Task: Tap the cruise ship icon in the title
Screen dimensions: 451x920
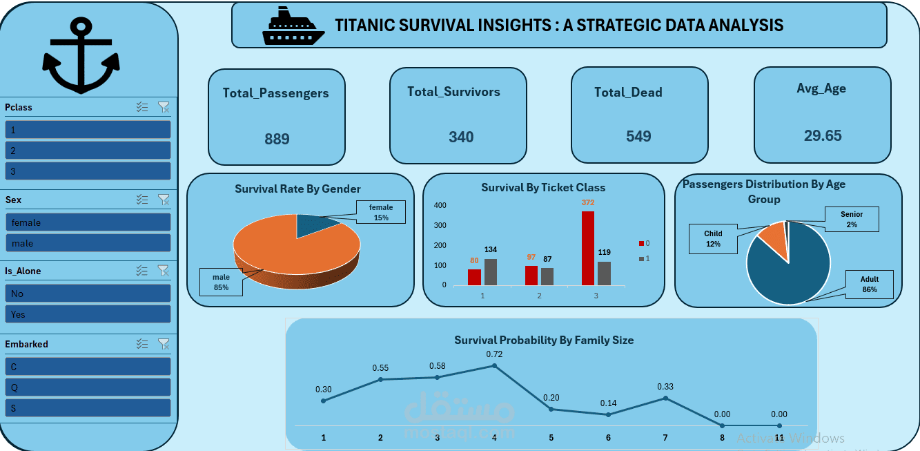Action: coord(293,26)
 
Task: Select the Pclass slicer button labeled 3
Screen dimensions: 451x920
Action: coord(88,171)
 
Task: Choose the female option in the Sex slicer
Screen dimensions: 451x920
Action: coord(88,222)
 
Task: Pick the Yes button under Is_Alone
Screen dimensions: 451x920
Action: coord(88,314)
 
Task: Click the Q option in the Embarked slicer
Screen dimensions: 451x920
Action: coord(88,387)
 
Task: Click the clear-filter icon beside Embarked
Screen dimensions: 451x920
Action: coord(164,344)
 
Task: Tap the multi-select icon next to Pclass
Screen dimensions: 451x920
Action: coord(142,107)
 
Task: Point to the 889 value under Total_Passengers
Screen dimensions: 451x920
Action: coord(277,139)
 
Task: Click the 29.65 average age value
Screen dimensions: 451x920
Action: coord(823,135)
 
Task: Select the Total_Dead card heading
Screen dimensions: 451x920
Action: coord(628,93)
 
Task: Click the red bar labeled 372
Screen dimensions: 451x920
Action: coord(587,248)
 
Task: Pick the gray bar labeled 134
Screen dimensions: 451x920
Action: coord(491,271)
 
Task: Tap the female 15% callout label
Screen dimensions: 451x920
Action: coord(381,212)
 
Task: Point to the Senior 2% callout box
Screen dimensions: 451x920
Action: coord(852,219)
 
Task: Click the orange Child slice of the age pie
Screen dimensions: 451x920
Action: coord(774,238)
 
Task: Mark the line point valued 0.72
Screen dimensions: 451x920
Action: coord(494,365)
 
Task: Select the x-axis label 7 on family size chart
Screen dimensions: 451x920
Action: coord(665,437)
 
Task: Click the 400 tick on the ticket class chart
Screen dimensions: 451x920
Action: coord(440,205)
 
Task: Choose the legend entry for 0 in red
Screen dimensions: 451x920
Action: coord(644,243)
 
